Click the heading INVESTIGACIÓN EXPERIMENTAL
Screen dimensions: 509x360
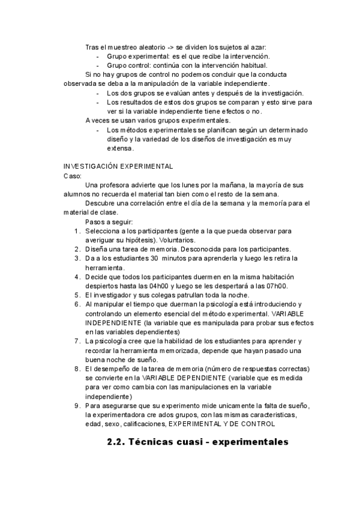click(x=118, y=166)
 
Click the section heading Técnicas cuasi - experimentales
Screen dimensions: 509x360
click(x=208, y=442)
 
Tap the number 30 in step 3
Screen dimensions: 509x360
click(x=154, y=258)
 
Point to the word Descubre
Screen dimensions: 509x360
click(x=101, y=203)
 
